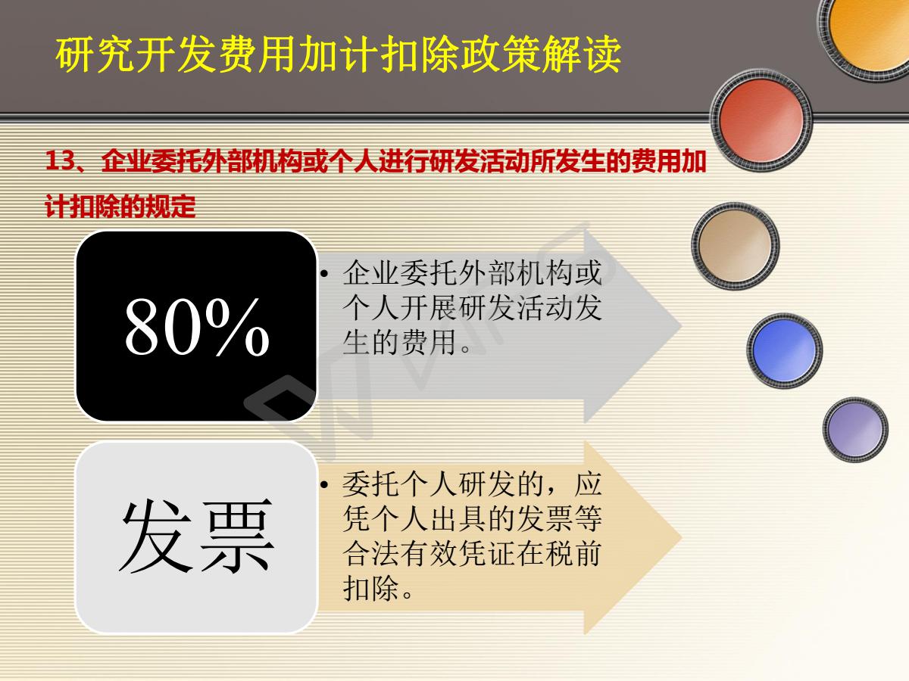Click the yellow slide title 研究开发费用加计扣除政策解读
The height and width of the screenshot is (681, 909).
(338, 54)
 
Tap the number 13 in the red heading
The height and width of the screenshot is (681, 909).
(59, 160)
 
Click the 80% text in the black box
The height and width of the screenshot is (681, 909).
(197, 327)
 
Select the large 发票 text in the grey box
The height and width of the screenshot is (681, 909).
(197, 536)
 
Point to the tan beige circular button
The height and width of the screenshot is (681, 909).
(735, 246)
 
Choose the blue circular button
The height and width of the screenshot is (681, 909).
(784, 350)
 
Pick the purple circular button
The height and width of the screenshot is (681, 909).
(854, 429)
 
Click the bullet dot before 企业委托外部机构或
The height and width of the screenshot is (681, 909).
(324, 273)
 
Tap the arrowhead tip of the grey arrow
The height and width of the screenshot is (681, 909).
(681, 327)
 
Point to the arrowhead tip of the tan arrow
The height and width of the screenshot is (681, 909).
(681, 537)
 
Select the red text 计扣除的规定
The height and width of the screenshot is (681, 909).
(120, 206)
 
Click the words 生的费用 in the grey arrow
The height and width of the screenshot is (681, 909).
(400, 343)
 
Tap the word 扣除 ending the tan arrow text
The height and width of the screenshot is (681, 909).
(371, 588)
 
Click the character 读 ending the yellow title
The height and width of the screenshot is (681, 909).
(601, 54)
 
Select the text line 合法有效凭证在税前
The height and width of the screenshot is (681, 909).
(472, 553)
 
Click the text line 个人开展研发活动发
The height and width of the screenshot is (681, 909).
(472, 308)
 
